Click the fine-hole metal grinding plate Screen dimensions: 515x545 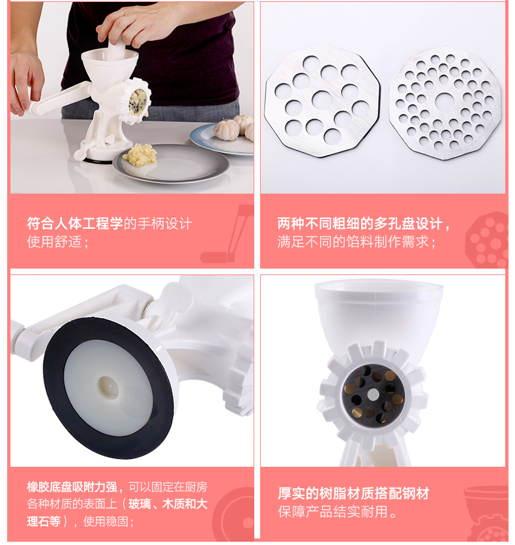445,102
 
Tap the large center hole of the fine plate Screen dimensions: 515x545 445,101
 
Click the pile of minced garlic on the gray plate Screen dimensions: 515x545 140,155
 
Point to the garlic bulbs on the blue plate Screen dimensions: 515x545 234,128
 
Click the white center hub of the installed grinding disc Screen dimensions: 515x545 373,394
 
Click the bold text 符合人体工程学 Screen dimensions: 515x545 75,224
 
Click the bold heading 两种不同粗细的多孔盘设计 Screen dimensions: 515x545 364,224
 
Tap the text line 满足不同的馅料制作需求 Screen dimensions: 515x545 356,242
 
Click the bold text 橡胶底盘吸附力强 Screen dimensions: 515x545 72,487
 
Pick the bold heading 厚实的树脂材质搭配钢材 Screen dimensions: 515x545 353,493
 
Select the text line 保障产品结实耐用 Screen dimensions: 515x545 337,512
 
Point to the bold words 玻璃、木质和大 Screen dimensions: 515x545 168,504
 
